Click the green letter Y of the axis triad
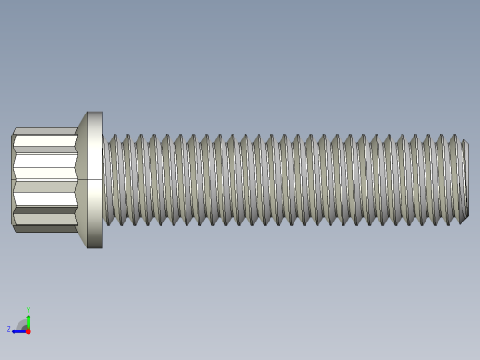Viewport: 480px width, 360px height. coord(29,310)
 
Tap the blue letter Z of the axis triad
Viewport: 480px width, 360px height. coord(9,329)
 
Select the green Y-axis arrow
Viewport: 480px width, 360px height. coord(29,320)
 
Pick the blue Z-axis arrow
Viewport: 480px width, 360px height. coord(18,330)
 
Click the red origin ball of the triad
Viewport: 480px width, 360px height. coord(28,330)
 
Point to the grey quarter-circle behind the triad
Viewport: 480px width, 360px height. coord(23,325)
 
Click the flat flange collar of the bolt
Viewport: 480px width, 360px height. coord(94,148)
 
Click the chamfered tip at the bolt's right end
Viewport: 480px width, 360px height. coord(464,180)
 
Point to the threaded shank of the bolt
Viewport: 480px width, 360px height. coord(277,180)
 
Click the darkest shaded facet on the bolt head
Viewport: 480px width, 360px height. coord(44,211)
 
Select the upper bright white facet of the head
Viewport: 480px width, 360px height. coord(44,142)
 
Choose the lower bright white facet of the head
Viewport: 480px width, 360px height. coord(44,198)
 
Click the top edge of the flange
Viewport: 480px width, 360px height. coord(94,113)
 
